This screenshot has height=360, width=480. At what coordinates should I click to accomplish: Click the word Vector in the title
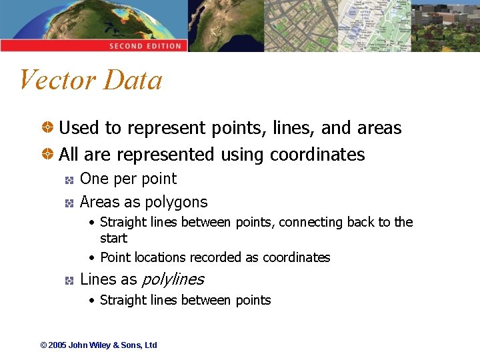[x=58, y=80]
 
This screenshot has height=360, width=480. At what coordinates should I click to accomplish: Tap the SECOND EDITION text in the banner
[x=145, y=46]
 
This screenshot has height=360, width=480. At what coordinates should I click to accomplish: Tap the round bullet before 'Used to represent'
[x=49, y=127]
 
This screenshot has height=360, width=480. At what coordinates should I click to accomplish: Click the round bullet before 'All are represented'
[x=49, y=154]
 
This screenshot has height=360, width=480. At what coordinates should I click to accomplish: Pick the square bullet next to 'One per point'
[x=68, y=179]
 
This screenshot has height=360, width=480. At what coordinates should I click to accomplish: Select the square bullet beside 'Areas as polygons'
[x=68, y=202]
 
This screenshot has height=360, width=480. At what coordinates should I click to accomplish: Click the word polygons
[x=177, y=202]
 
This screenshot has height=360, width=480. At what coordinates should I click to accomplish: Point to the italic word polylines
[x=173, y=279]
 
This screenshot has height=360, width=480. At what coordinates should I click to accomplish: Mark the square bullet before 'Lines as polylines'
[x=68, y=280]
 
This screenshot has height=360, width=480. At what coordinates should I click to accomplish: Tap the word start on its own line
[x=113, y=238]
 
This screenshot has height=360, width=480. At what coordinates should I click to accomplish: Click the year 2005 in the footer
[x=57, y=345]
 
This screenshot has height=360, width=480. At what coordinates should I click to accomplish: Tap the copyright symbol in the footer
[x=43, y=345]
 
